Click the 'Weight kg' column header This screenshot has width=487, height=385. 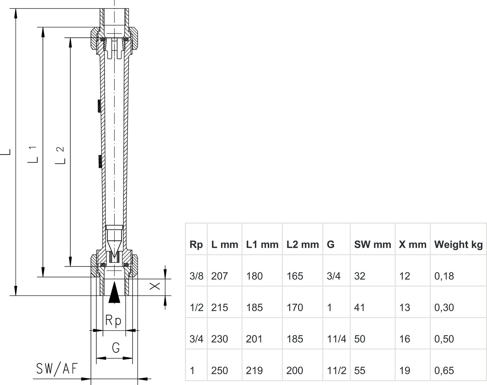tap(458, 245)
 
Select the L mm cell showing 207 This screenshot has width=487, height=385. tap(219, 276)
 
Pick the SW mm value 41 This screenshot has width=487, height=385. tap(359, 307)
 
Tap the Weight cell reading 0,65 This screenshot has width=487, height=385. tap(444, 370)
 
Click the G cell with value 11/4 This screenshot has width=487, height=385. tap(336, 339)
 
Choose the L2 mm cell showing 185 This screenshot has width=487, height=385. tap(294, 339)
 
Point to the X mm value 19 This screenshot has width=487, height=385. tap(405, 370)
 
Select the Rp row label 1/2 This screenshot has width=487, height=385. tap(196, 307)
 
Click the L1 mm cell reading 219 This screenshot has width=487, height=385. tap(254, 370)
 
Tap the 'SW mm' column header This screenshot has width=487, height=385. tap(372, 245)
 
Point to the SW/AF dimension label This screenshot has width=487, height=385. tap(57, 369)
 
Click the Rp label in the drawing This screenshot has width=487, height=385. tap(114, 321)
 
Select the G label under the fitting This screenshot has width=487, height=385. tap(116, 348)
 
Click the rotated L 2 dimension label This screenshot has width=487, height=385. tap(60, 155)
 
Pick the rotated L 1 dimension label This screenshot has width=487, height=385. tap(32, 154)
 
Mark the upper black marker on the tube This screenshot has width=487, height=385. tap(99, 106)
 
